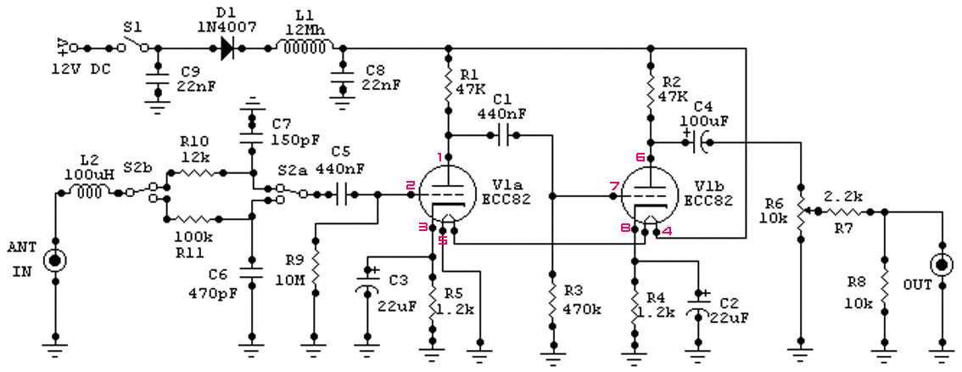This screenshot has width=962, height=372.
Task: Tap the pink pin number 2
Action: (410, 185)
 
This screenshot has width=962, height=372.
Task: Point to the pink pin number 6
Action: (640, 157)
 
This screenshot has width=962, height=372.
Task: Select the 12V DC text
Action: (81, 69)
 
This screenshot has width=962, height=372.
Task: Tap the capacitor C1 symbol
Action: (506, 135)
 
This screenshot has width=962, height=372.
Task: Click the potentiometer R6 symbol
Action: (801, 211)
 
